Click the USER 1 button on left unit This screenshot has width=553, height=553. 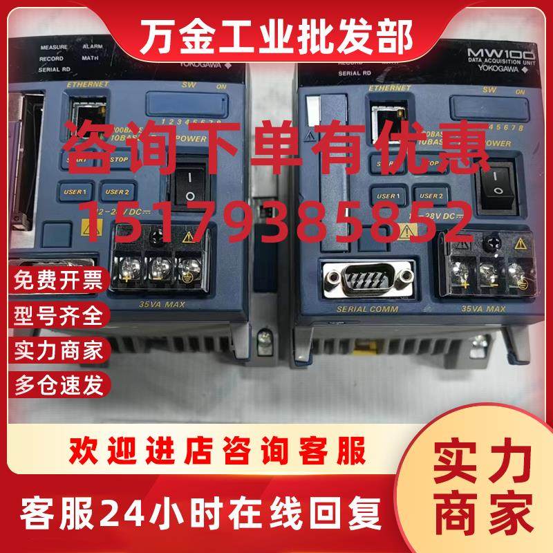pyautogui.click(x=76, y=191)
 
